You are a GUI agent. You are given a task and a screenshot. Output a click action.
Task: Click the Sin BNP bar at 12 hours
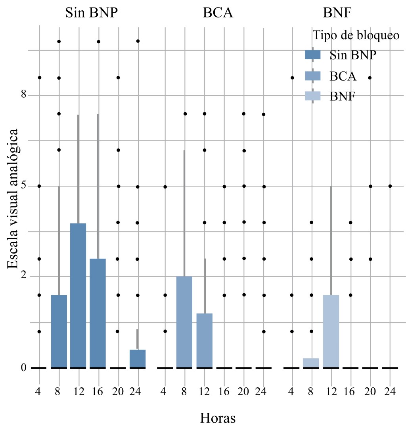coord(78,296)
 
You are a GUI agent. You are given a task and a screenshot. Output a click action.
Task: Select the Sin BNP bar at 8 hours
coord(59,331)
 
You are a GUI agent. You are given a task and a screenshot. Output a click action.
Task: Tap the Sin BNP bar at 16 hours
coord(98,313)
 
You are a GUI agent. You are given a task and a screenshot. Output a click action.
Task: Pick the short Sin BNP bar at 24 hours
coord(137,359)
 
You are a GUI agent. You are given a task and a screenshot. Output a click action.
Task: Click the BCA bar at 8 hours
coord(184,322)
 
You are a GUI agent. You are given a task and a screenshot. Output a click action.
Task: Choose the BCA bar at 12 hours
coord(204,341)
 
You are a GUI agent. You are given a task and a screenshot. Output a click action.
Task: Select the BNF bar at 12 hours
coord(331,331)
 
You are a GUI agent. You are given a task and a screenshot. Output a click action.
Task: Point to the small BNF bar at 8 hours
coord(311,363)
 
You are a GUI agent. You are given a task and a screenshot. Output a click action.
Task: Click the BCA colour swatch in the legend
coord(312,75)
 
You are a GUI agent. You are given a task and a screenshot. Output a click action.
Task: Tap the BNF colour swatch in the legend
coord(312,96)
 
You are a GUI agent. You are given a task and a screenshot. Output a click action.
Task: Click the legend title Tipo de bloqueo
coord(356,35)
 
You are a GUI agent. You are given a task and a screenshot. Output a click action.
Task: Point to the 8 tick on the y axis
coord(23,95)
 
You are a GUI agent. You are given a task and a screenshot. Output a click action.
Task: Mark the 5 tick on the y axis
coord(23,186)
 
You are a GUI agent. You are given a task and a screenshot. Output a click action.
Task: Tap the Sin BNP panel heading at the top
coord(92,13)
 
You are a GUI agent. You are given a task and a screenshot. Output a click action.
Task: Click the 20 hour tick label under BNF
coord(370,391)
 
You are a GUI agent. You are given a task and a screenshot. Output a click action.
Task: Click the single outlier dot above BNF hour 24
coord(390,186)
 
